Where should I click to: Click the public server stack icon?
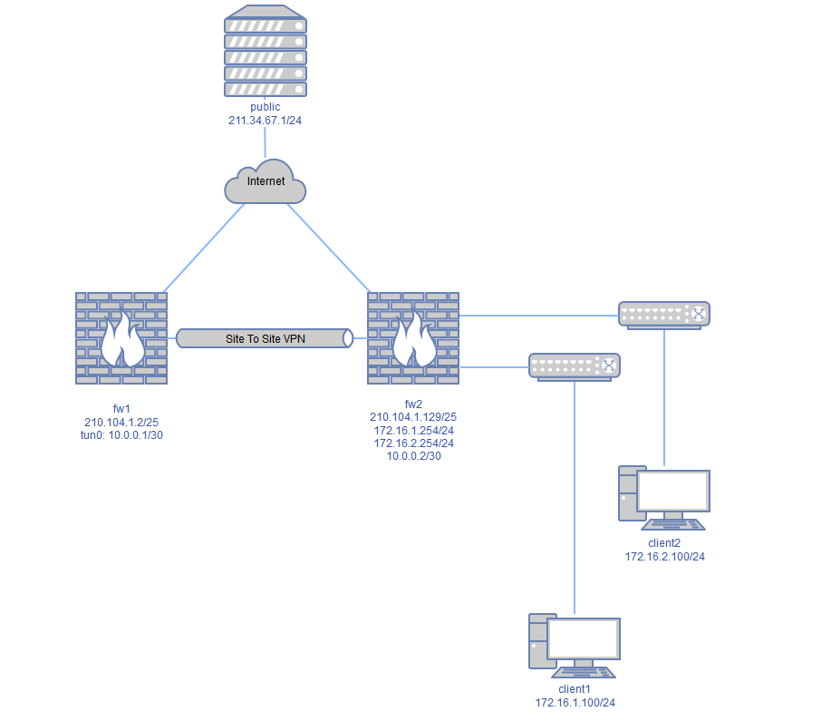(265, 51)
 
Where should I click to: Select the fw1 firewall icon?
(121, 338)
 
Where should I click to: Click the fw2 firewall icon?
(413, 338)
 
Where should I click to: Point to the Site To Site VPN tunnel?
(265, 338)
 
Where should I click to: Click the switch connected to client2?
(664, 316)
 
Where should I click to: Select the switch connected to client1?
(575, 367)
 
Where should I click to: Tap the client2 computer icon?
(664, 498)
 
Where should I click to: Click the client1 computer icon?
(575, 646)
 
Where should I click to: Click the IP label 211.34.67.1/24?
(265, 121)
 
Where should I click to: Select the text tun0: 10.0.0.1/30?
(121, 435)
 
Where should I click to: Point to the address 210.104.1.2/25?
(121, 423)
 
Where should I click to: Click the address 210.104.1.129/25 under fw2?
(413, 417)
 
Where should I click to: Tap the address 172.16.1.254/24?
(414, 430)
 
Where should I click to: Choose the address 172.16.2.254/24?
(414, 443)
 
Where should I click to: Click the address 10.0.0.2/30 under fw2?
(414, 456)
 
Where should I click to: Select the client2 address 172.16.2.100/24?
(664, 557)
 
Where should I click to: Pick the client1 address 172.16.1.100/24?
(575, 703)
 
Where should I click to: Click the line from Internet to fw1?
(204, 248)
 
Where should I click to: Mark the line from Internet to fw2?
(329, 248)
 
